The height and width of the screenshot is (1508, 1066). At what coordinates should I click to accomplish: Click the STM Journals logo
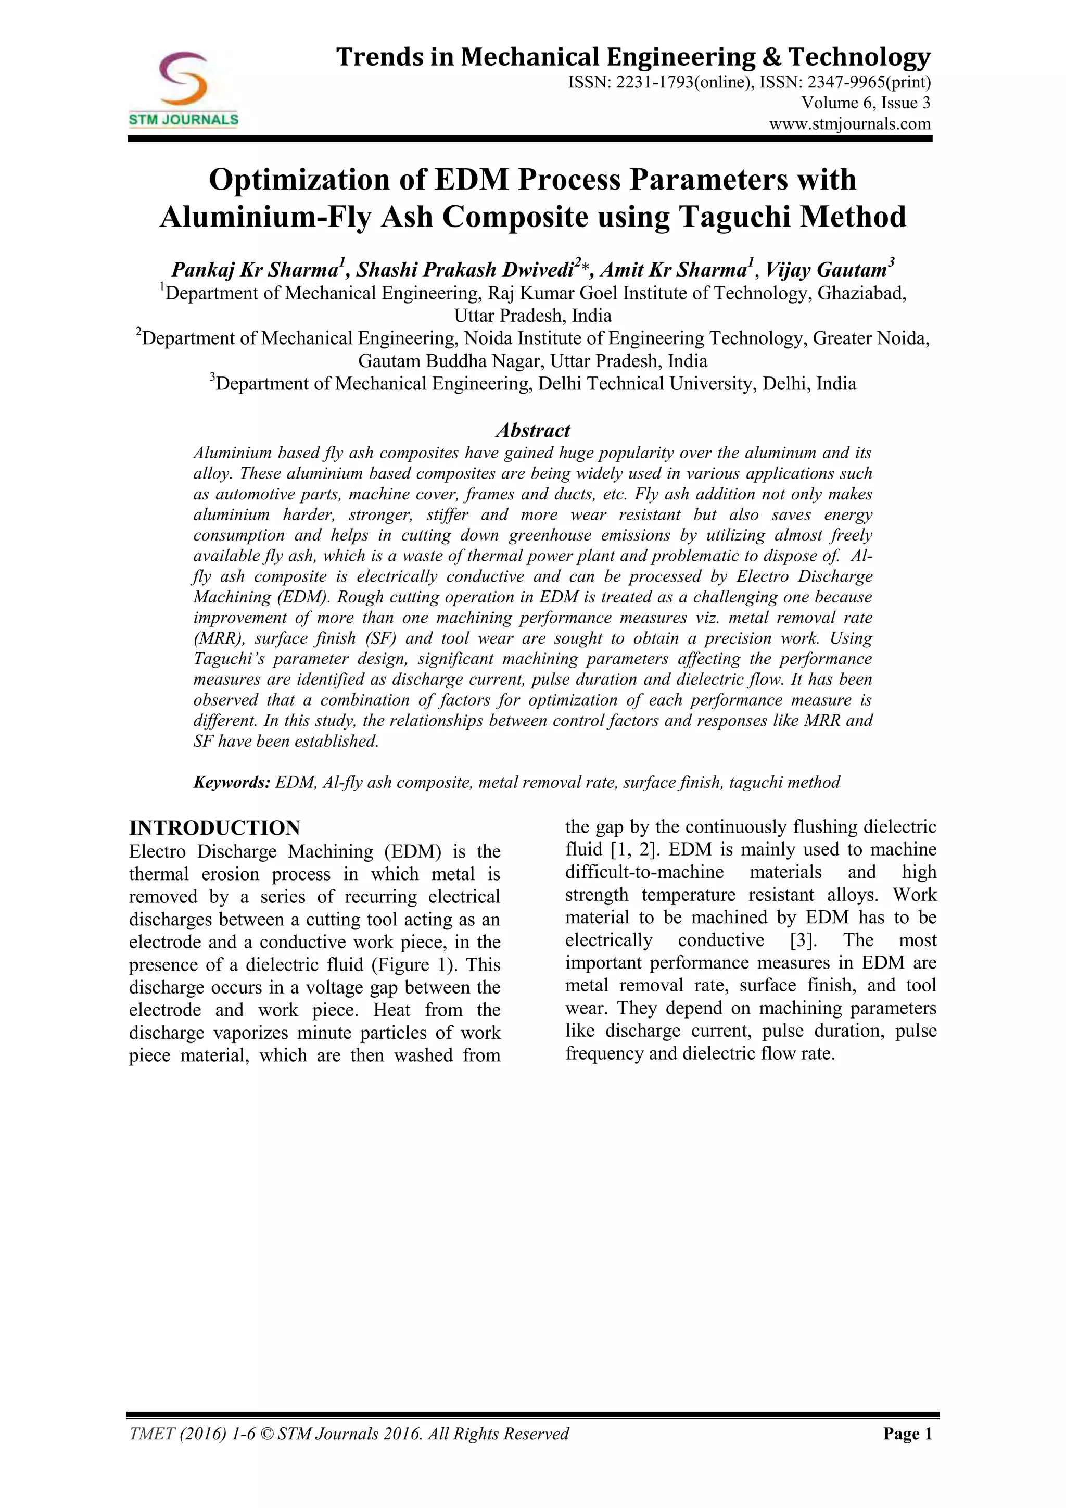point(183,89)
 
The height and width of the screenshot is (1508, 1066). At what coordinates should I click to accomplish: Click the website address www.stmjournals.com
point(849,123)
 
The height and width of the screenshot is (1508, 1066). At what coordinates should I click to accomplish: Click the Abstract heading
point(532,430)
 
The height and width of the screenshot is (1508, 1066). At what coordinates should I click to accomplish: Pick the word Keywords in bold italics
point(231,782)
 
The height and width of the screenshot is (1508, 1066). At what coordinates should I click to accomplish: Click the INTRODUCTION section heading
point(214,827)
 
